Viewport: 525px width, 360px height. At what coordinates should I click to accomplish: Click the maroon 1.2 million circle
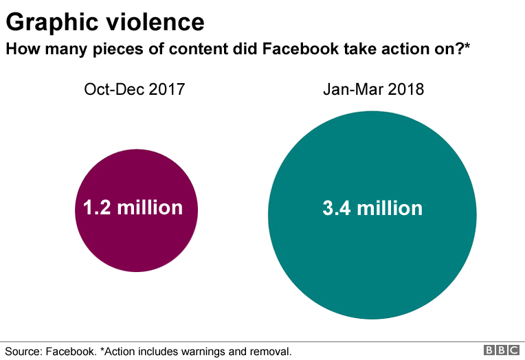pyautogui.click(x=136, y=234)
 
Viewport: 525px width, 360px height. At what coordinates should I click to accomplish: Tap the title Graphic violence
pyautogui.click(x=105, y=23)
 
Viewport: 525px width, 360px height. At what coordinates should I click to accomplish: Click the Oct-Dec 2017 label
pyautogui.click(x=135, y=89)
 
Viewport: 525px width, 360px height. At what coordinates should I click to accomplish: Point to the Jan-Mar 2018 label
pyautogui.click(x=373, y=89)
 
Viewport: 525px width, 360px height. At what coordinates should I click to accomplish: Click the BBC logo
pyautogui.click(x=502, y=350)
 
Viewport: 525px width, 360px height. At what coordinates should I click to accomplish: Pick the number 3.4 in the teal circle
pyautogui.click(x=334, y=208)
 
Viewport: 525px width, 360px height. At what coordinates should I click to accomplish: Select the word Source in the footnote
pyautogui.click(x=22, y=351)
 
